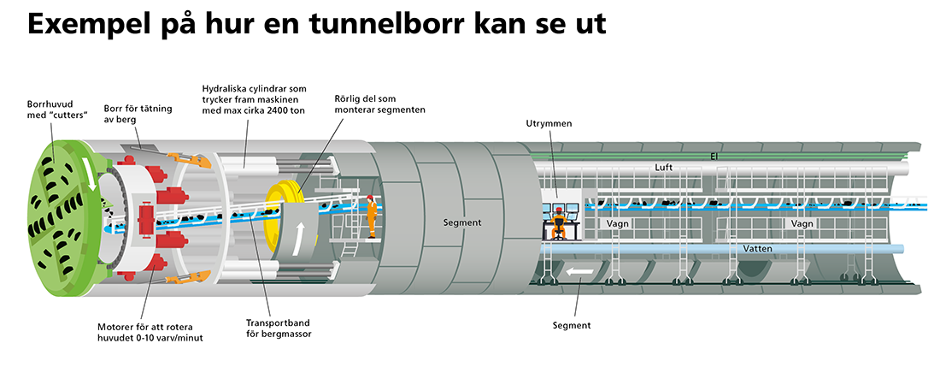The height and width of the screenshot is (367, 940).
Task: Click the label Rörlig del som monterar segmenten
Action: [x=379, y=104]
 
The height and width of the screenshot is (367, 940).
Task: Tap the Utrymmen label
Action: [x=549, y=124]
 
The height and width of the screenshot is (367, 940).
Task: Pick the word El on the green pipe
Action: [x=713, y=156]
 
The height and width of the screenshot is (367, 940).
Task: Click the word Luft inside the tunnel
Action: [x=665, y=169]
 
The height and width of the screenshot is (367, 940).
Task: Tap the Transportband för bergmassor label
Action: [x=278, y=328]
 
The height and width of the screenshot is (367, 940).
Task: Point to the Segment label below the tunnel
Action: [x=572, y=325]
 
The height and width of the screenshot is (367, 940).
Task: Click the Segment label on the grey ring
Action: [x=461, y=222]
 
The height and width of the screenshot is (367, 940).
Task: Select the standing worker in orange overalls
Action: [x=372, y=216]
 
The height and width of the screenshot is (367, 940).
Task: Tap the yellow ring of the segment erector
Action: [x=282, y=205]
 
